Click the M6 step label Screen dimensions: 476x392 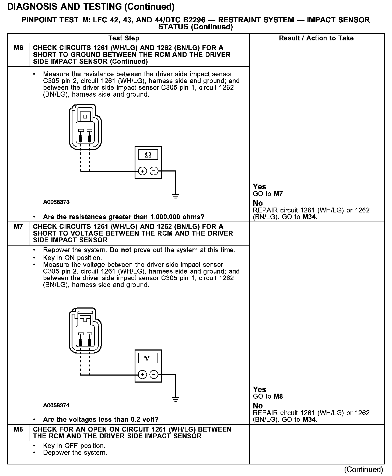coord(18,48)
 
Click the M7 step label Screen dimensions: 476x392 coord(18,227)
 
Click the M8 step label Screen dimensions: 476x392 coord(18,429)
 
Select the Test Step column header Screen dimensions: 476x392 coord(124,38)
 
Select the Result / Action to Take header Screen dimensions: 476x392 coord(316,38)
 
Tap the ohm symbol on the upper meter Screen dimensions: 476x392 coord(148,155)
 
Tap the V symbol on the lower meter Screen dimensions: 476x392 coord(148,358)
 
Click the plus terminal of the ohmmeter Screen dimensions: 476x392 coord(142,171)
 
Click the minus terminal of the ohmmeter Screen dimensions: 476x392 coord(154,171)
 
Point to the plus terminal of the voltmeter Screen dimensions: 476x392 coord(142,374)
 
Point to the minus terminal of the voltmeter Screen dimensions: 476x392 coord(154,374)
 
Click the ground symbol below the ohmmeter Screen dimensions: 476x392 coord(176,196)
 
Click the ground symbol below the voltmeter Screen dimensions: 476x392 coord(176,399)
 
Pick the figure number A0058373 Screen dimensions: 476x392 coord(56,202)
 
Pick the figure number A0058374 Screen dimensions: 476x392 coord(56,405)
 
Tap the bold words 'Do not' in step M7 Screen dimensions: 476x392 coord(120,250)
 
